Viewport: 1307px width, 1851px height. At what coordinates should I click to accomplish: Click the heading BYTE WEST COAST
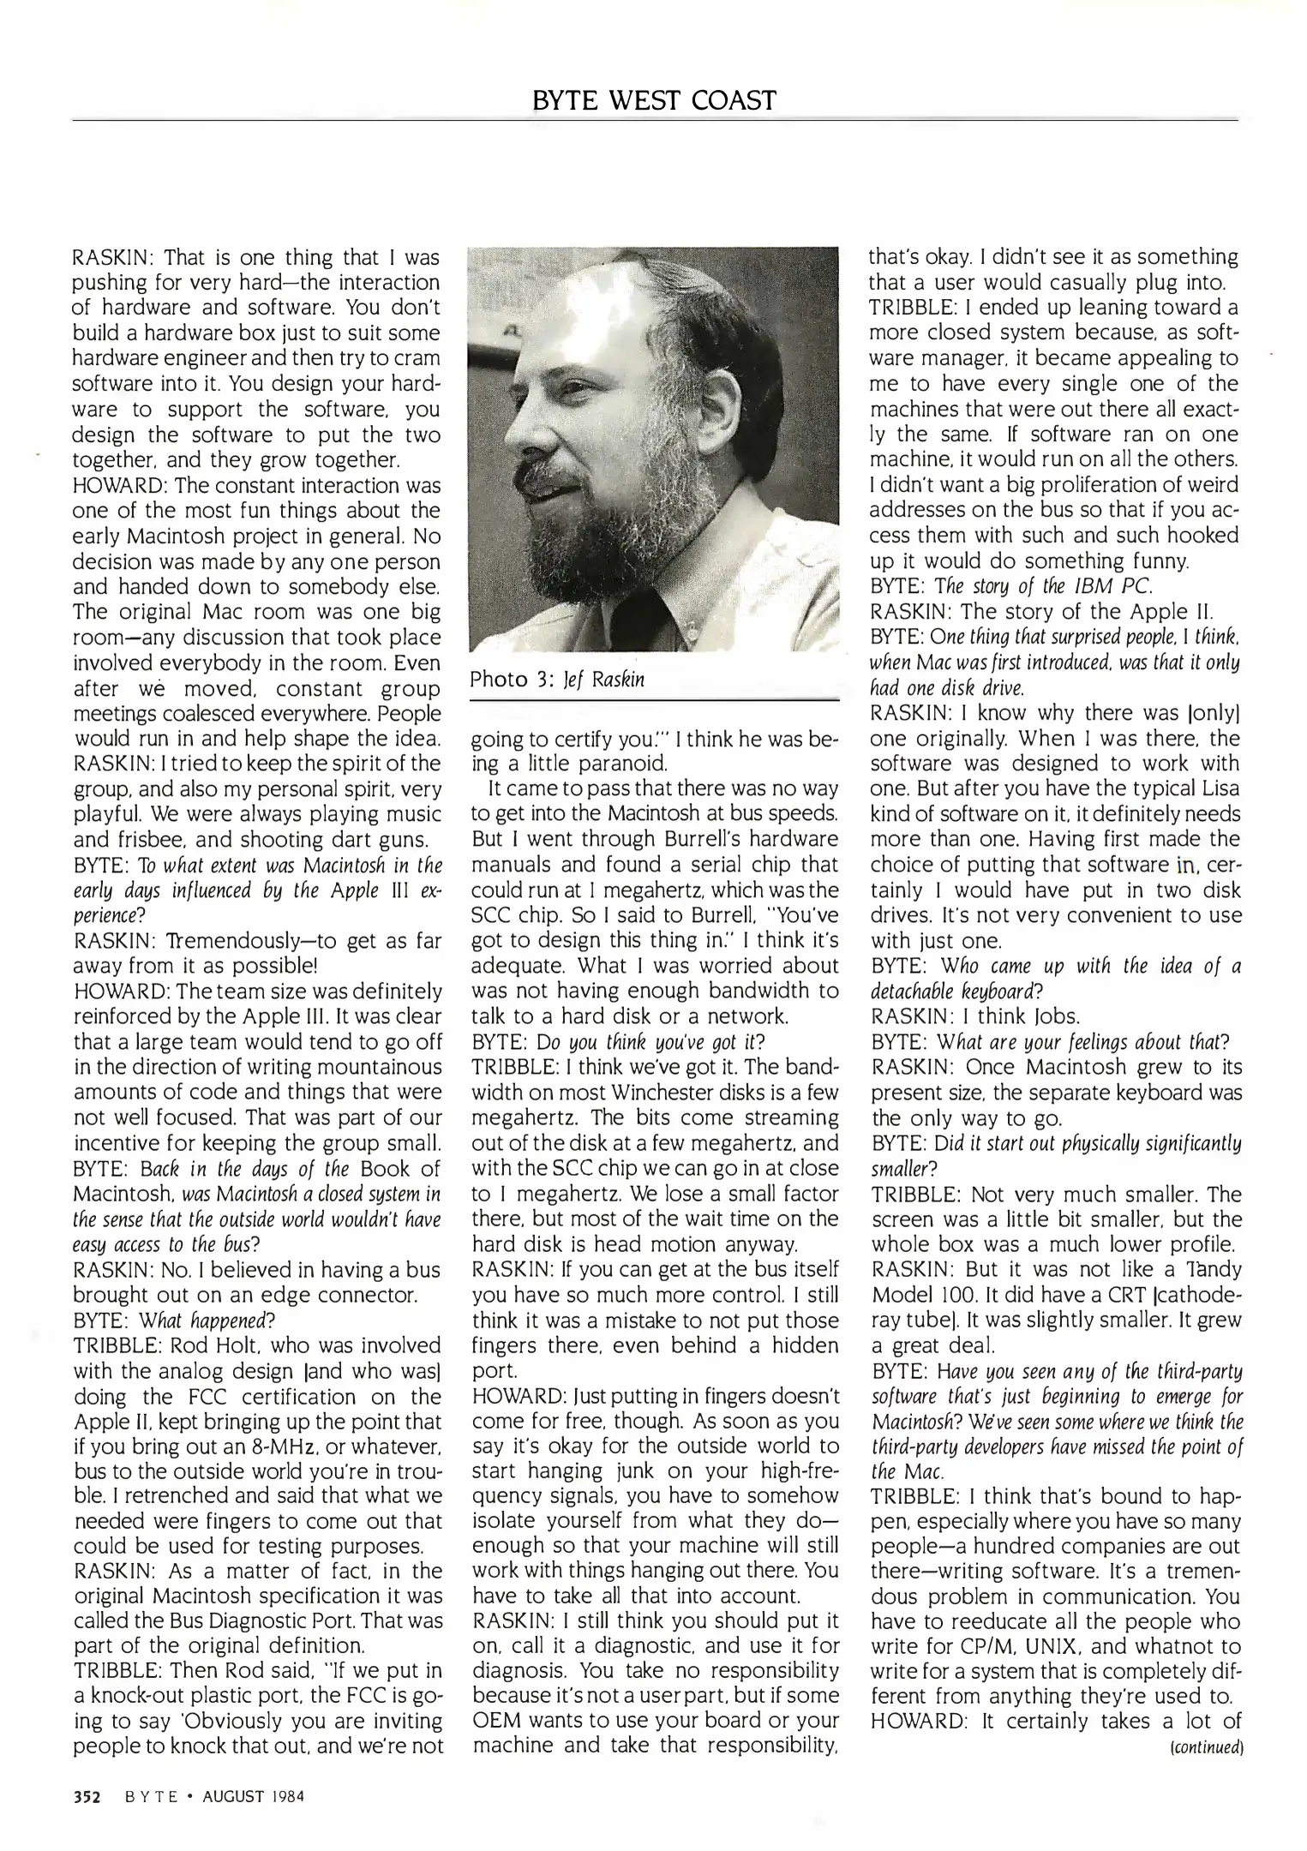(653, 100)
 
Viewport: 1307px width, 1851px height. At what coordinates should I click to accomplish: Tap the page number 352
(87, 1794)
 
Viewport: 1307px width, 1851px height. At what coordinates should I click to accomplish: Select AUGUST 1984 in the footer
(253, 1794)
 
